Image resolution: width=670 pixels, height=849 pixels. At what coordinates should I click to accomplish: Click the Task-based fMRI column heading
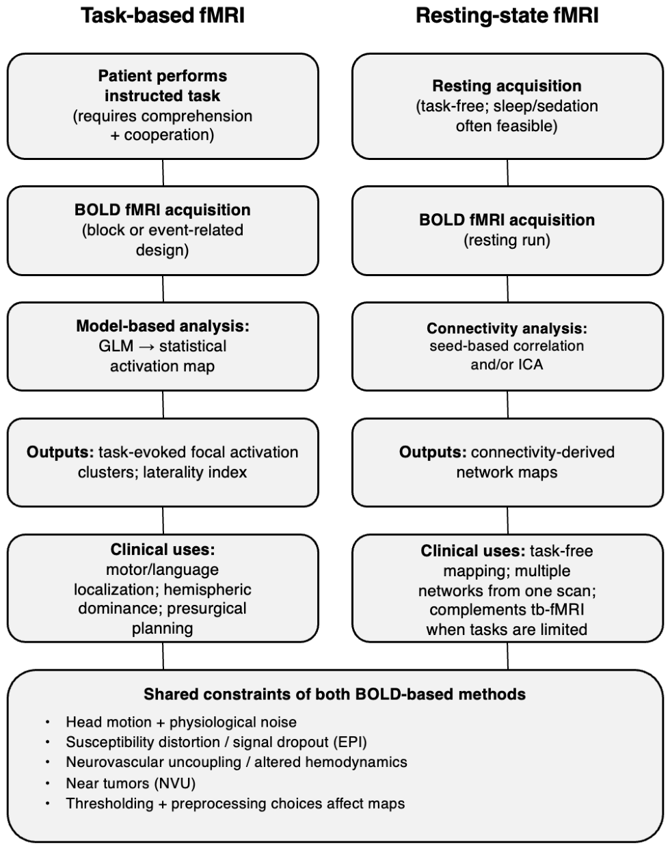[163, 16]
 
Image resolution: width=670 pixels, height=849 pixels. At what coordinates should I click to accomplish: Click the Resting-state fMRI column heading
[507, 16]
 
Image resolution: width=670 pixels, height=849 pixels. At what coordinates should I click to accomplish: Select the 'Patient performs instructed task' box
[163, 106]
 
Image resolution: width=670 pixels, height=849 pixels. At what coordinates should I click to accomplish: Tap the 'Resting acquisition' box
[507, 106]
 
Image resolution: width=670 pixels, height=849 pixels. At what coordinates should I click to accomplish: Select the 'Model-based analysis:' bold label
[163, 326]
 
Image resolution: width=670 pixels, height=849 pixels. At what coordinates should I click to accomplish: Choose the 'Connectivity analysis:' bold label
[507, 328]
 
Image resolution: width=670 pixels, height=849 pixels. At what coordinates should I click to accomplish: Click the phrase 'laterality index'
[195, 472]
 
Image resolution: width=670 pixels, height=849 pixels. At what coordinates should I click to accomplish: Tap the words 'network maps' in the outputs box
[507, 472]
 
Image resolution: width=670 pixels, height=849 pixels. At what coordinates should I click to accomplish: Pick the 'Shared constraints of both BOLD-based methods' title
[334, 694]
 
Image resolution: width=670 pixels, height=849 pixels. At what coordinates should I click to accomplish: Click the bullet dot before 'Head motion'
[48, 723]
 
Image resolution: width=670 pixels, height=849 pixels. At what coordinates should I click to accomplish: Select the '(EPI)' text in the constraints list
[350, 742]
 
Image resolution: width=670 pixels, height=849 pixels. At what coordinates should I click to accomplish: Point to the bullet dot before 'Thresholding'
[48, 804]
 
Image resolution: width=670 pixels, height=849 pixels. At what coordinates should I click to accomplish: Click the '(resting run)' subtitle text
[507, 240]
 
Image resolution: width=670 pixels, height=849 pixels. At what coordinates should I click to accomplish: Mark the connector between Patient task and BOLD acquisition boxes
[163, 173]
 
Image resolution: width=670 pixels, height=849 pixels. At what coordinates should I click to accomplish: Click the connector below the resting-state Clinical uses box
[507, 656]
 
